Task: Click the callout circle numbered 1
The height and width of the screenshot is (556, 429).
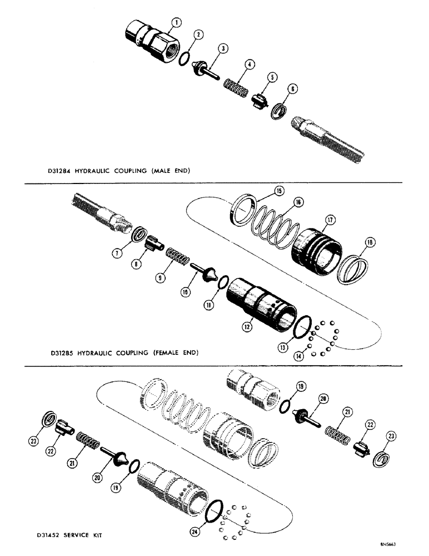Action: [x=176, y=23]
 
